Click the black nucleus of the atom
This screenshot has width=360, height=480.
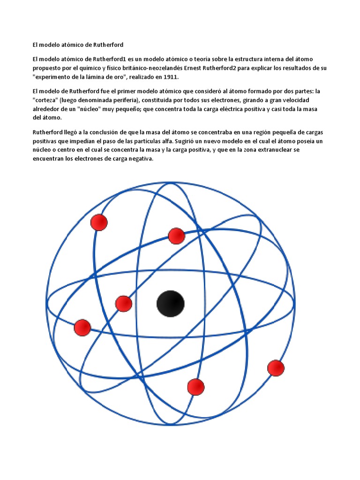170,304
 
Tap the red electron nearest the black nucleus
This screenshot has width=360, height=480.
124,304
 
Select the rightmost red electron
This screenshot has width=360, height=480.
276,368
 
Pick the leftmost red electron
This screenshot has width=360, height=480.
82,327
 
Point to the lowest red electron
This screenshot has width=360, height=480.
195,387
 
